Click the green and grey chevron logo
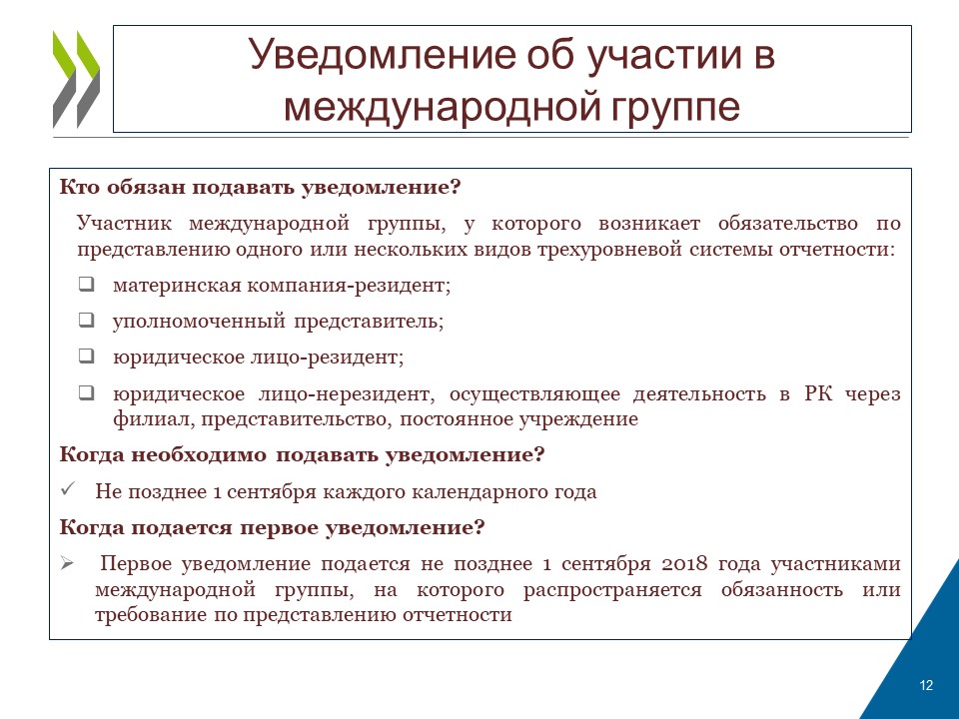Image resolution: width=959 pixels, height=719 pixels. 77,80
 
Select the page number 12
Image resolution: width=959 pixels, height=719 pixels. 926,685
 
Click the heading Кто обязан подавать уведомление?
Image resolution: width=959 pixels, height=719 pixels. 260,187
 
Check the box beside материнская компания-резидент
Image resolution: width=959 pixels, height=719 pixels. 87,285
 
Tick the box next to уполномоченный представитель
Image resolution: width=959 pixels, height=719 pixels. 87,320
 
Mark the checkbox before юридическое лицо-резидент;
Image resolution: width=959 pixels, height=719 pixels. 87,356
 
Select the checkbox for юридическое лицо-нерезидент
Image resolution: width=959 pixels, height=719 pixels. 87,392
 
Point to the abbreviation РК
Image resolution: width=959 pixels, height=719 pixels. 818,393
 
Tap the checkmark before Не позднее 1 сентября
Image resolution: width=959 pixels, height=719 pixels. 68,489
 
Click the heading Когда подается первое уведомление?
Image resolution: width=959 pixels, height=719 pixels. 272,527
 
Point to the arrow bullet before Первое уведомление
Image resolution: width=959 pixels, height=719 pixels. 67,563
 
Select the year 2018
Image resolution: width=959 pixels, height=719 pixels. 684,563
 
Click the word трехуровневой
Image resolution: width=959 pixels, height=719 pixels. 609,250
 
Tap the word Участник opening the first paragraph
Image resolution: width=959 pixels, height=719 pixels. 124,223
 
